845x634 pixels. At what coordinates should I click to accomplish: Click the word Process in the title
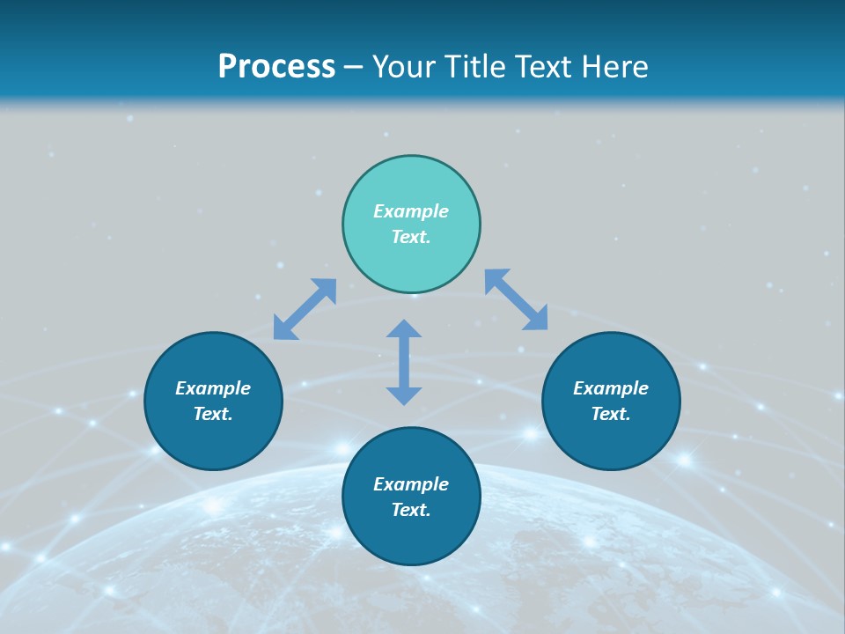(276, 67)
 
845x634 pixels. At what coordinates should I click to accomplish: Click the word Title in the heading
(474, 67)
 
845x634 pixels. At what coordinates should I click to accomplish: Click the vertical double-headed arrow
(404, 362)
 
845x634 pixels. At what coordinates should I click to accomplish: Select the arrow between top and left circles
(305, 309)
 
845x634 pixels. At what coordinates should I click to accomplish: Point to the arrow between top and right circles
(517, 299)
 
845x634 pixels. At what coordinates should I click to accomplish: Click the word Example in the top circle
(411, 211)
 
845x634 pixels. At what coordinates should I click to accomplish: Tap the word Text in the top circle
(411, 237)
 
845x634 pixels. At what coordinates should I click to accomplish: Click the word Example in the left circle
(213, 388)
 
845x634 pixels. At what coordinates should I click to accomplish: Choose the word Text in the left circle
(213, 414)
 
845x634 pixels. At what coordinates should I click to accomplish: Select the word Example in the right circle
(611, 388)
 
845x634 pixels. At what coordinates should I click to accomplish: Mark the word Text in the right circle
(611, 414)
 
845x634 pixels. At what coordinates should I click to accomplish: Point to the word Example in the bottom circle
(411, 484)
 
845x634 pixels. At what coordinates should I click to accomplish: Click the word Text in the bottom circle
(411, 510)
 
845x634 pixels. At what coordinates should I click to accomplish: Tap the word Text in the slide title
(541, 67)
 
